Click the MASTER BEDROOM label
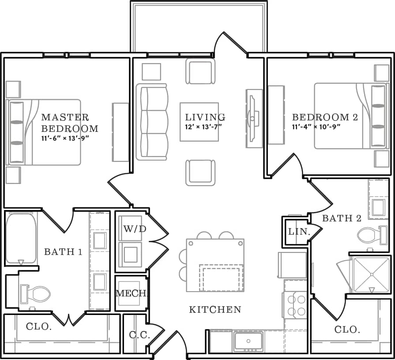click(69, 123)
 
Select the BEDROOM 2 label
click(325, 118)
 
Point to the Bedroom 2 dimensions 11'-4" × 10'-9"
click(316, 127)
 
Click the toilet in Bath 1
click(36, 293)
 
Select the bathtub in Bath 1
click(21, 238)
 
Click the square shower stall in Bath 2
click(372, 274)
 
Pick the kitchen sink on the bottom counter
click(248, 341)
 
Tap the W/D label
click(135, 229)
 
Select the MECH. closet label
click(131, 293)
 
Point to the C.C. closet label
click(139, 335)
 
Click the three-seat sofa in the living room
click(152, 121)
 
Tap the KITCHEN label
click(215, 310)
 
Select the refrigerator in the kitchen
click(292, 265)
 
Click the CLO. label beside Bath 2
click(347, 330)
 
